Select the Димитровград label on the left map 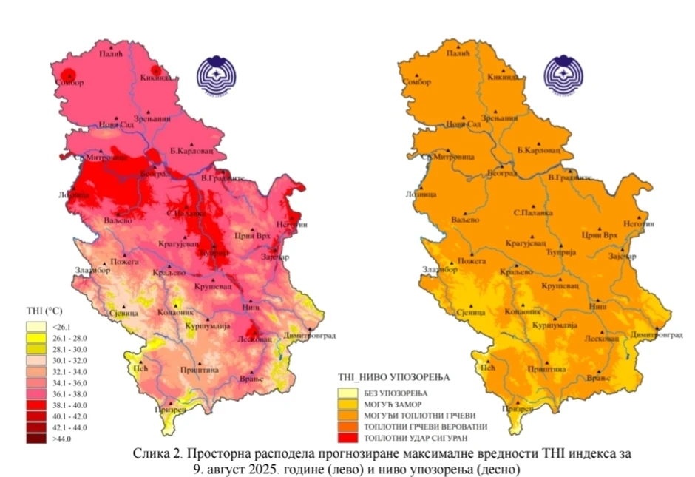click(309, 335)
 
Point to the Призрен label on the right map click(517, 408)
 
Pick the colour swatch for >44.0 click(36, 439)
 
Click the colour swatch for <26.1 click(36, 325)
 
